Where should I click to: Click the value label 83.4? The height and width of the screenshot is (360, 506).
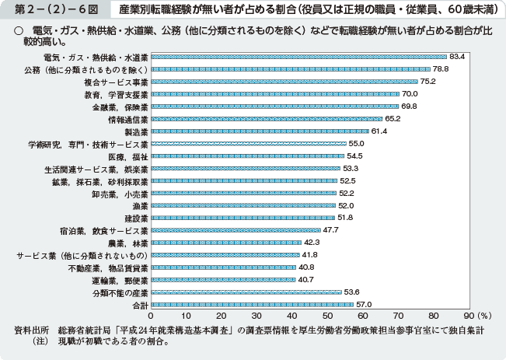click(457, 57)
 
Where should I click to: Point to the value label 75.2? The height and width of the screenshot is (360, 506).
click(428, 82)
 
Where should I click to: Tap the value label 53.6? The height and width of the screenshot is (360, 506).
click(352, 292)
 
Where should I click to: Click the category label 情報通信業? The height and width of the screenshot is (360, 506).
click(128, 119)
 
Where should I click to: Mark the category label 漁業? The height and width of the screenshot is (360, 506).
click(140, 205)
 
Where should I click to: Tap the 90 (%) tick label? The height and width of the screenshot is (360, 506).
click(474, 316)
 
